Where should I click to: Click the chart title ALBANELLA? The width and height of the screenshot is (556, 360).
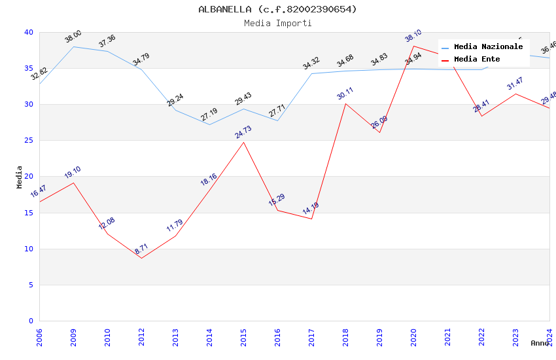(277, 9)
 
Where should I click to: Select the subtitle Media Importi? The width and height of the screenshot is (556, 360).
(277, 23)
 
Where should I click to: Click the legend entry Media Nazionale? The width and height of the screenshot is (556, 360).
(488, 47)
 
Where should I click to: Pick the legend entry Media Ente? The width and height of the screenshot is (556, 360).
(477, 60)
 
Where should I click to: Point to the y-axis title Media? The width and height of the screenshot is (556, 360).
(20, 177)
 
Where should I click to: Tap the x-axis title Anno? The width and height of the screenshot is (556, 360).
(540, 343)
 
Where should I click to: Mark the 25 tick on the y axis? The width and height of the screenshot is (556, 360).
(29, 141)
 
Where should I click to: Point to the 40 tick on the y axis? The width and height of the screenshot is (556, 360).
(29, 32)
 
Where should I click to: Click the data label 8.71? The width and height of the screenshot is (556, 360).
(141, 249)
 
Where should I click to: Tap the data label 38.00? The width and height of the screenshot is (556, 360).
(73, 37)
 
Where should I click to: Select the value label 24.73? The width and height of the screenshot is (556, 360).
(243, 132)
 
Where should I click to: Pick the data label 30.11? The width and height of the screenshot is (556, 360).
(345, 94)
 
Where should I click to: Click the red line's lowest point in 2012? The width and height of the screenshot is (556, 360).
(141, 258)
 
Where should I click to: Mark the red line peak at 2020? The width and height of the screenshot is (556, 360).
(413, 46)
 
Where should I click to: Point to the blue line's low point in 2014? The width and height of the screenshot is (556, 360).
(209, 124)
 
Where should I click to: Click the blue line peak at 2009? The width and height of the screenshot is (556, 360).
(73, 46)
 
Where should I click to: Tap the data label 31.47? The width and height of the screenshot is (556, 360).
(515, 84)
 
